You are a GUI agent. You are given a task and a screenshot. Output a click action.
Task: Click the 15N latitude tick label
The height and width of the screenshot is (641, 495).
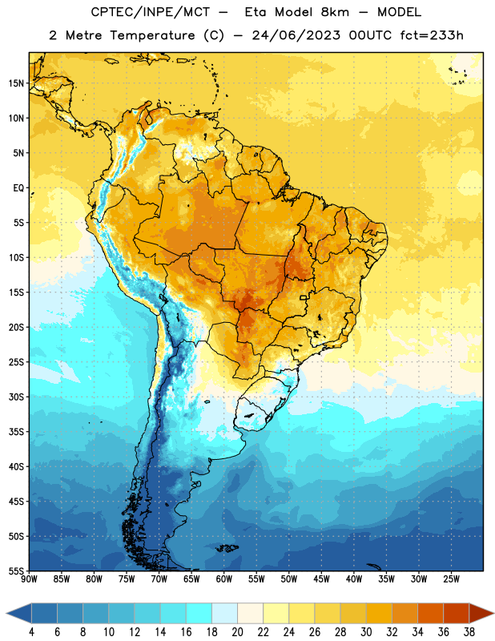(16, 83)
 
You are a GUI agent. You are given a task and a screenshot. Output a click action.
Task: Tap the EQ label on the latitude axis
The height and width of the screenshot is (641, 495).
(18, 188)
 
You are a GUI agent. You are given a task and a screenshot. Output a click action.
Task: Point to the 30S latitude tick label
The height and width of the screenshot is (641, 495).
(16, 397)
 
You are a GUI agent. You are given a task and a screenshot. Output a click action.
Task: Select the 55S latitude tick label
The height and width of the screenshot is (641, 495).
(16, 571)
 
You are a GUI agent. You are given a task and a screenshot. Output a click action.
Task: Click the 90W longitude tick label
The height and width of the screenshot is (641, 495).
(29, 579)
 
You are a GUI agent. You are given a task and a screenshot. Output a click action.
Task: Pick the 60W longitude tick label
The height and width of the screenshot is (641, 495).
(224, 579)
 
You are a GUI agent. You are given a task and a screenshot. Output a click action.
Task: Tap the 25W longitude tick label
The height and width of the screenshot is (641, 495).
(451, 579)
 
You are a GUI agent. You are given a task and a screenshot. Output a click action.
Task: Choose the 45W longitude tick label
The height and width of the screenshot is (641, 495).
(321, 579)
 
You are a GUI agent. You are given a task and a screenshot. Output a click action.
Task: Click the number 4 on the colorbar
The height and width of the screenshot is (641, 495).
(31, 632)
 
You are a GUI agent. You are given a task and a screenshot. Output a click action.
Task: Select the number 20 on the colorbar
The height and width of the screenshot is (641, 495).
(237, 632)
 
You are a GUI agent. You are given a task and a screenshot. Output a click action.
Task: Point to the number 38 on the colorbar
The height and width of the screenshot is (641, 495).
(469, 632)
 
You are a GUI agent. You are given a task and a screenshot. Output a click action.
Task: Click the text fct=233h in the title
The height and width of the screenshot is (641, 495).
(432, 35)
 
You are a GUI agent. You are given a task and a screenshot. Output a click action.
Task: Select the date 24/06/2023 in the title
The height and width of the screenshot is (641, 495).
(296, 35)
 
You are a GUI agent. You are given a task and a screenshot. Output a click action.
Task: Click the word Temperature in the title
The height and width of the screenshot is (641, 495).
(152, 35)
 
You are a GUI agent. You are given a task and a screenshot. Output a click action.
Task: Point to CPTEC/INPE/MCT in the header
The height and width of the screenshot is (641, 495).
(150, 12)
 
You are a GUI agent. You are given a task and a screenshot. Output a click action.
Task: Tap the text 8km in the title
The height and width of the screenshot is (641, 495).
(335, 12)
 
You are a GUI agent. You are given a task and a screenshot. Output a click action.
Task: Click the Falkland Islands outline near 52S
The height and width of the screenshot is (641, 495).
(227, 548)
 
